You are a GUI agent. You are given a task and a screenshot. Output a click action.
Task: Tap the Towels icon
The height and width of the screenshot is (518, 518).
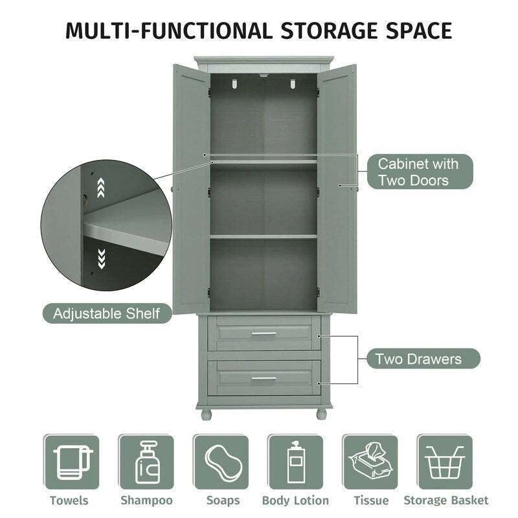71,462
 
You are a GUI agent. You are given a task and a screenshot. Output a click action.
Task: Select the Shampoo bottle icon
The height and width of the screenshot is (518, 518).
146,462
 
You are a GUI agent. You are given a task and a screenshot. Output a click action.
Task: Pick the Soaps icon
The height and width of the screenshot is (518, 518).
221,462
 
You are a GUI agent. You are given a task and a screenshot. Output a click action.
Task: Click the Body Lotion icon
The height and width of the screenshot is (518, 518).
295,462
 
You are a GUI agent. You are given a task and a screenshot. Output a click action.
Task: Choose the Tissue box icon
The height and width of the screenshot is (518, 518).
370,462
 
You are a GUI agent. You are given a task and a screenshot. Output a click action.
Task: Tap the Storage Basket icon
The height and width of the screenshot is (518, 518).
445,462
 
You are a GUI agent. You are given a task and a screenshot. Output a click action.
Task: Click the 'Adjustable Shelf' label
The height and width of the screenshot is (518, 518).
106,314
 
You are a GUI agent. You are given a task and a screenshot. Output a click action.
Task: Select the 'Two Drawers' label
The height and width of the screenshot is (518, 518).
418,359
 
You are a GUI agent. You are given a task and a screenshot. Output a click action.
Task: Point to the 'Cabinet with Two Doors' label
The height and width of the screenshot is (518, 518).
418,172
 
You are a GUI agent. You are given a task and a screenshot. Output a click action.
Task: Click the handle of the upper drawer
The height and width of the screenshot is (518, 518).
264,333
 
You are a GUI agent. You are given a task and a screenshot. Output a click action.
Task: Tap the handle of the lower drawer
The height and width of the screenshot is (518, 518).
264,378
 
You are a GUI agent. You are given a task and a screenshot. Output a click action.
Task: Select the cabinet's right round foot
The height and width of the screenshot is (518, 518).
322,412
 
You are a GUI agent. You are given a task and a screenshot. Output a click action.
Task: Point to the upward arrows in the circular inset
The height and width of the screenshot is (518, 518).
100,189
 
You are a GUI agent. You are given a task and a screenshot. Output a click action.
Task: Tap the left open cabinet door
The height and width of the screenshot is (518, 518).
190,188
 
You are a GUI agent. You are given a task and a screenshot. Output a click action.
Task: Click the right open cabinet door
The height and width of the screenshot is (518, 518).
337,188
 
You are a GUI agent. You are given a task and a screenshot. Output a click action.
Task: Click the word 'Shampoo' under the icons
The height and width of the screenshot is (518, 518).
146,501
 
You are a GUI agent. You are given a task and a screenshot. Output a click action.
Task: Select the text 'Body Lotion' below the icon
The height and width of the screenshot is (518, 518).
295,501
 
